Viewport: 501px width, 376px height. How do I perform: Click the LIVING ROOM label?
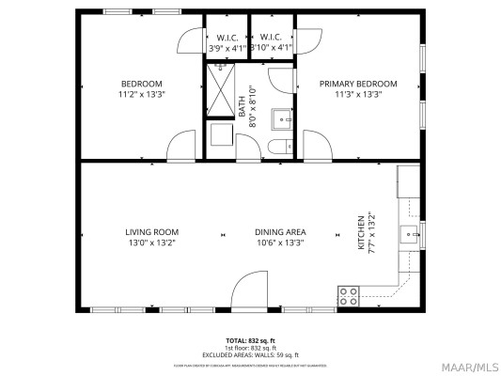pyautogui.click(x=151, y=231)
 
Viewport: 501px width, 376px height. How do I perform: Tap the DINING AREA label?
pyautogui.click(x=280, y=231)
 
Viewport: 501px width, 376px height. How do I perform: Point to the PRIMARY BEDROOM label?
pyautogui.click(x=358, y=84)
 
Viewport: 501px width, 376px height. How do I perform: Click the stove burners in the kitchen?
pyautogui.click(x=348, y=296)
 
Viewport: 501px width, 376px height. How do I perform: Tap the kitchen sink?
pyautogui.click(x=409, y=233)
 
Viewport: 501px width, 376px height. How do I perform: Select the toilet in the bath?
pyautogui.click(x=278, y=147)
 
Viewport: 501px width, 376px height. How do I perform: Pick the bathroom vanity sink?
pyautogui.click(x=281, y=118)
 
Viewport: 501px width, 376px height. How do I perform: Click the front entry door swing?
pyautogui.click(x=249, y=290)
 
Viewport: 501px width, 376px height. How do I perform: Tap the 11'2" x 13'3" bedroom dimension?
pyautogui.click(x=141, y=94)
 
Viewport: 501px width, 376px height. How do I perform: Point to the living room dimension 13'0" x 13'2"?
pyautogui.click(x=151, y=243)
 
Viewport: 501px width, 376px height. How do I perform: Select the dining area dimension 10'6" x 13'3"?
pyautogui.click(x=280, y=243)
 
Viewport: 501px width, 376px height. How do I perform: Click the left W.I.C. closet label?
pyautogui.click(x=227, y=39)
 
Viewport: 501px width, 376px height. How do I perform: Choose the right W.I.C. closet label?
pyautogui.click(x=273, y=39)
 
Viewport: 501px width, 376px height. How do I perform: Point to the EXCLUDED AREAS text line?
pyautogui.click(x=249, y=353)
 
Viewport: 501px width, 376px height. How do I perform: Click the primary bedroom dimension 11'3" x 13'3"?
pyautogui.click(x=358, y=94)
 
